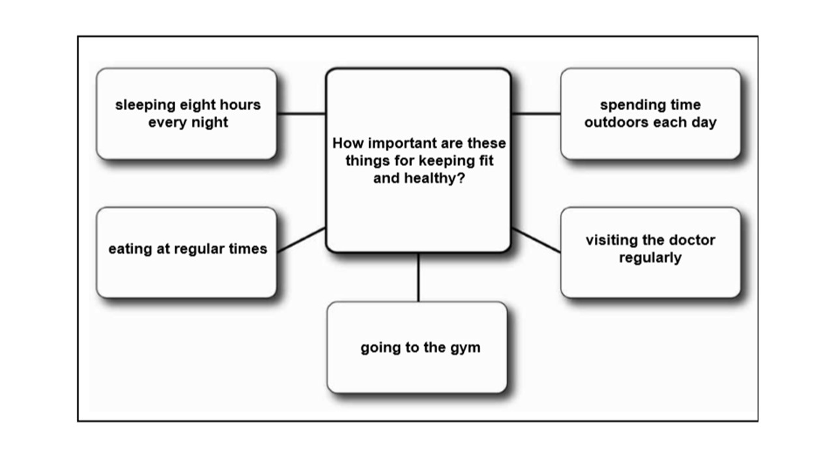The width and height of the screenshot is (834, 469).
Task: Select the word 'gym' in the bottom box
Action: pyautogui.click(x=465, y=348)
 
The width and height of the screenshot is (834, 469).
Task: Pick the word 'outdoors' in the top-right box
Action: pyautogui.click(x=613, y=122)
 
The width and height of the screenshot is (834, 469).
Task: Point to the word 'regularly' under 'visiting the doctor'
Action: pyautogui.click(x=650, y=257)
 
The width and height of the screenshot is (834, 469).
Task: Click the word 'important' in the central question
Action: pyautogui.click(x=397, y=143)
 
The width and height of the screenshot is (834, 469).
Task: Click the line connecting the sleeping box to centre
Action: pyautogui.click(x=301, y=113)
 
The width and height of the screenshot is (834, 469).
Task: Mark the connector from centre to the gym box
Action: pyautogui.click(x=418, y=277)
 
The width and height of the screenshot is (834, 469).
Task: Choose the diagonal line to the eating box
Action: pyautogui.click(x=301, y=240)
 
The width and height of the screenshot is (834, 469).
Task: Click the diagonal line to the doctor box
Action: pyautogui.click(x=536, y=240)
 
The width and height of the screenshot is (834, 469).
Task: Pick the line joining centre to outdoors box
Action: pyautogui.click(x=536, y=113)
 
